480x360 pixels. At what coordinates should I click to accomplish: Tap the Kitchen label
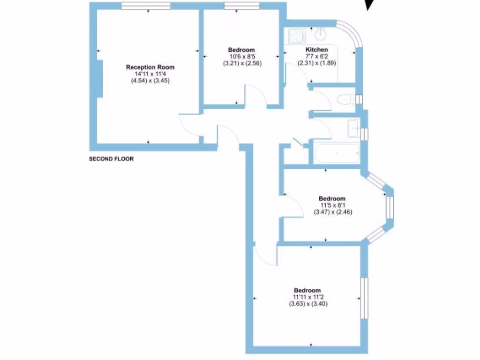tap(316, 50)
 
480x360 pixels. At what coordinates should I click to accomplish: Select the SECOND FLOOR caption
tap(112, 159)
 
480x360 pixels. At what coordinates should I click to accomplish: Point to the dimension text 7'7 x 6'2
tap(316, 56)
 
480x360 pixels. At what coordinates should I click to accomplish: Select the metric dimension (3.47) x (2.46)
tap(332, 212)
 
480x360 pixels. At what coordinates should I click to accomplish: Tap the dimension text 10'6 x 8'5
tap(241, 56)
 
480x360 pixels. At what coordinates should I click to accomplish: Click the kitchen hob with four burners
tap(296, 36)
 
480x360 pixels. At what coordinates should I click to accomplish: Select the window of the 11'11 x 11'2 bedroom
tap(363, 298)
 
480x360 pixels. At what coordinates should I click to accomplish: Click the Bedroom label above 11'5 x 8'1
tap(332, 198)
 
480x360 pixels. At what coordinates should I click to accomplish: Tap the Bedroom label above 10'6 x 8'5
tap(241, 50)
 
